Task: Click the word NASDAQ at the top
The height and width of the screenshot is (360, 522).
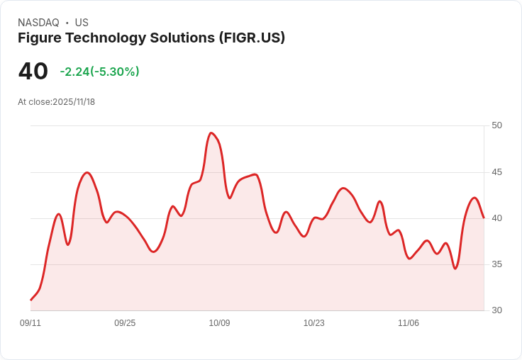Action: [38, 23]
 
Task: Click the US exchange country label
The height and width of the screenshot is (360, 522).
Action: [82, 23]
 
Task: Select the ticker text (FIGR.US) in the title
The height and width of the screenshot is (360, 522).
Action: [252, 38]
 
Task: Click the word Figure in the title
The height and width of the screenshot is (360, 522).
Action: [40, 38]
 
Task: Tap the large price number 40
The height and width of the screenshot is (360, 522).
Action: [33, 72]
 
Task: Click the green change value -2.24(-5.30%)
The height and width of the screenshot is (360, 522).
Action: [99, 72]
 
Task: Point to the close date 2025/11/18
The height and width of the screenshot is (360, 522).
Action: [74, 102]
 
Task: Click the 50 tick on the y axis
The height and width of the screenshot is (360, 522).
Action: [496, 125]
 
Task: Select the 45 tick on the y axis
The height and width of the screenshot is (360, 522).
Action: [496, 172]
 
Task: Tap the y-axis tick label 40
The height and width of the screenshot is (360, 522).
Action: [496, 218]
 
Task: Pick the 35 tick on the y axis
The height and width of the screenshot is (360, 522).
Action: [496, 264]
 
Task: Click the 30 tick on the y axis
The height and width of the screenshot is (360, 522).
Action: [496, 310]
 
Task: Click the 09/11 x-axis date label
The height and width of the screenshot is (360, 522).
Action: [30, 323]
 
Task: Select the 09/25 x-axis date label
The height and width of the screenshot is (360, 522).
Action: [125, 323]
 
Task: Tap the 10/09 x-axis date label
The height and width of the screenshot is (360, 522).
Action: [219, 323]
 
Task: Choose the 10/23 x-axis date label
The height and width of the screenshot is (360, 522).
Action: [313, 323]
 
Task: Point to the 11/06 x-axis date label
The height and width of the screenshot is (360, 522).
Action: [408, 323]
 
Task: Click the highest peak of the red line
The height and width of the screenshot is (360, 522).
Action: [211, 133]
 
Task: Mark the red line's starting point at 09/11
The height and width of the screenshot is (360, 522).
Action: [30, 300]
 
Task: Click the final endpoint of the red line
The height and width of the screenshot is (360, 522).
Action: [484, 218]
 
